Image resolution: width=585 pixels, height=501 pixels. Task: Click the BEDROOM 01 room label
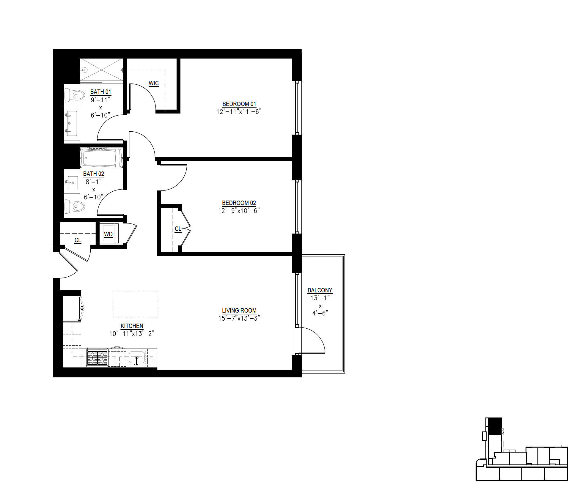(239, 104)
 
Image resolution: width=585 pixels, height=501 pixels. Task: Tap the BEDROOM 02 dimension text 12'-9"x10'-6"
(239, 211)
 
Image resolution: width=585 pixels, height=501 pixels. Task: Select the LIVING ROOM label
(239, 311)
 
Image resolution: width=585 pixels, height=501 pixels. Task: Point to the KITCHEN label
(132, 326)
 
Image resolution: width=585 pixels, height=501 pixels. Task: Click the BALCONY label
(320, 290)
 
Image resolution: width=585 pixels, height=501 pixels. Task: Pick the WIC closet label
(154, 83)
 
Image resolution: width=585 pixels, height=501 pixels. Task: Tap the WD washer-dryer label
(108, 234)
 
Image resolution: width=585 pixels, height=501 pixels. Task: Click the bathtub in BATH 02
(101, 157)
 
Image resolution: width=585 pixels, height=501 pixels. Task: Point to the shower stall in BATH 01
(101, 70)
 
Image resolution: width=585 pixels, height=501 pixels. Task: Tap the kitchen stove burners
(97, 358)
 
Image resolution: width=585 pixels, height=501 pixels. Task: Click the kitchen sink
(136, 357)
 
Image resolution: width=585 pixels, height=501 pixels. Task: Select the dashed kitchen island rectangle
(135, 305)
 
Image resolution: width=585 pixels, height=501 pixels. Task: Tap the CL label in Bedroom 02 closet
(178, 229)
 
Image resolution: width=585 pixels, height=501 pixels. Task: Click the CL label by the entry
(78, 240)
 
